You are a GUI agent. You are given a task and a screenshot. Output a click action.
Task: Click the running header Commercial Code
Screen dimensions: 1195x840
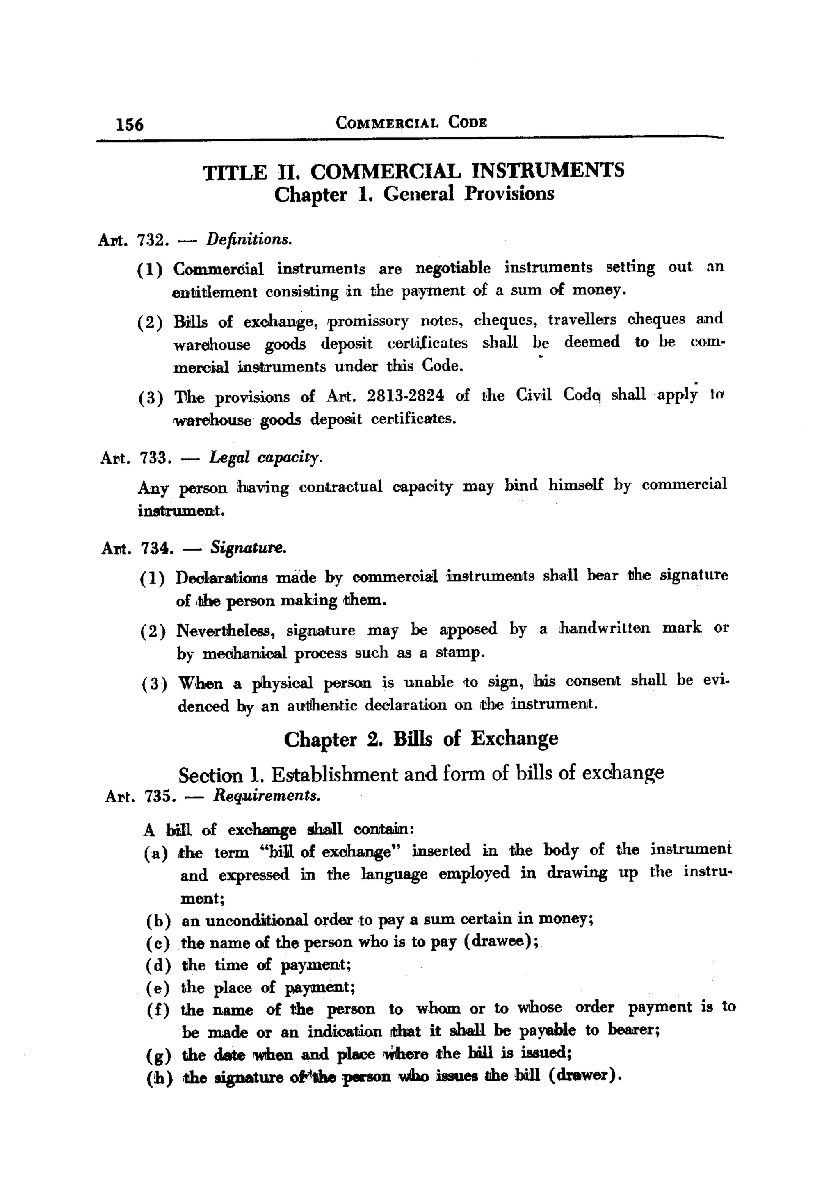tap(411, 123)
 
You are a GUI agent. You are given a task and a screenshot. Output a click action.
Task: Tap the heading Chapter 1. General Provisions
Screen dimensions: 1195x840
tap(414, 194)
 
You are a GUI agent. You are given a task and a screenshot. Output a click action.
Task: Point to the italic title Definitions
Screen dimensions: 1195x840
tap(249, 239)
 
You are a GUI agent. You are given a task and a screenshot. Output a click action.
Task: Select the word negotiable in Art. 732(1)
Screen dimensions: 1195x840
tap(452, 269)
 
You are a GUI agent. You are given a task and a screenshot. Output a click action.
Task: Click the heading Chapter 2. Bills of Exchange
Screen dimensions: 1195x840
tap(421, 739)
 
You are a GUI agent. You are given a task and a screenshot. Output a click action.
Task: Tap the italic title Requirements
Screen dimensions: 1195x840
tap(267, 796)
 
